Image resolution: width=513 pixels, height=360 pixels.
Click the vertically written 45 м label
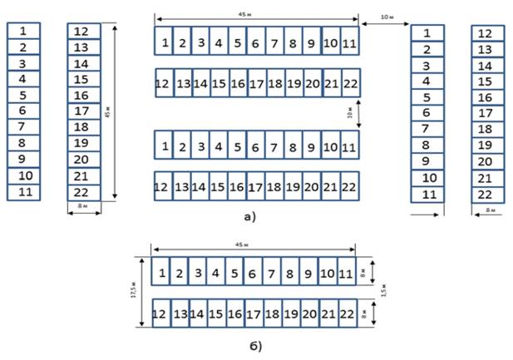[x=122, y=112]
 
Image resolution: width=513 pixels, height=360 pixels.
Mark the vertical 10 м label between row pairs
[x=351, y=111]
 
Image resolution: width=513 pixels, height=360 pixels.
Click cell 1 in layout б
[x=161, y=272]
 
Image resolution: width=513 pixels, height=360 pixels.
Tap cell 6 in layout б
[x=254, y=272]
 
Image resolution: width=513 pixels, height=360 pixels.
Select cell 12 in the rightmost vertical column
[x=487, y=34]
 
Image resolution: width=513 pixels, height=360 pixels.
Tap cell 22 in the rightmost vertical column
[x=487, y=194]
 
